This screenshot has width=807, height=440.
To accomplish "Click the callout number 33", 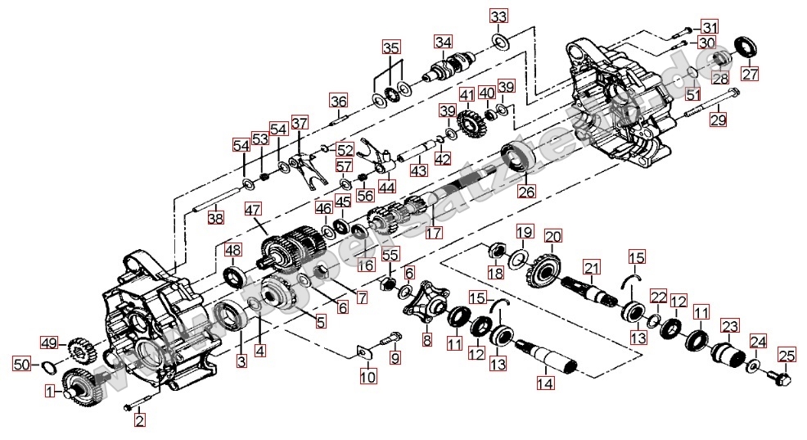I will pos(498,16).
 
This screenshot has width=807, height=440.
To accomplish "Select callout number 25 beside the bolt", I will pos(787,356).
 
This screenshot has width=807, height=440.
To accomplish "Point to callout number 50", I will pos(22,362).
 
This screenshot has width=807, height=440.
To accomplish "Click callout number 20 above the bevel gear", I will pos(553,237).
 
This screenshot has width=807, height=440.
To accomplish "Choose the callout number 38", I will pos(214,218).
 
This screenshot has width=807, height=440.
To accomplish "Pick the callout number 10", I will pos(368,378).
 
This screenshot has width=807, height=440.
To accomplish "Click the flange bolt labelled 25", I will pos(778,379).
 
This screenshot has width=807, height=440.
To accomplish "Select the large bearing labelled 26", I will pos(515,159).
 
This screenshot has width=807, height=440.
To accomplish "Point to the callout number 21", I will pos(592,266).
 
